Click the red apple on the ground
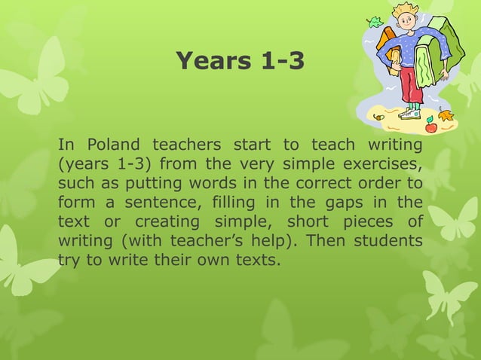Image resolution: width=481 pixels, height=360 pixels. click(x=430, y=126)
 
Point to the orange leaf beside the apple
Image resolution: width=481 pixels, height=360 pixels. click(x=446, y=117)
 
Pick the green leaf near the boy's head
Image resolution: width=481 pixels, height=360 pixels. click(x=375, y=22)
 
